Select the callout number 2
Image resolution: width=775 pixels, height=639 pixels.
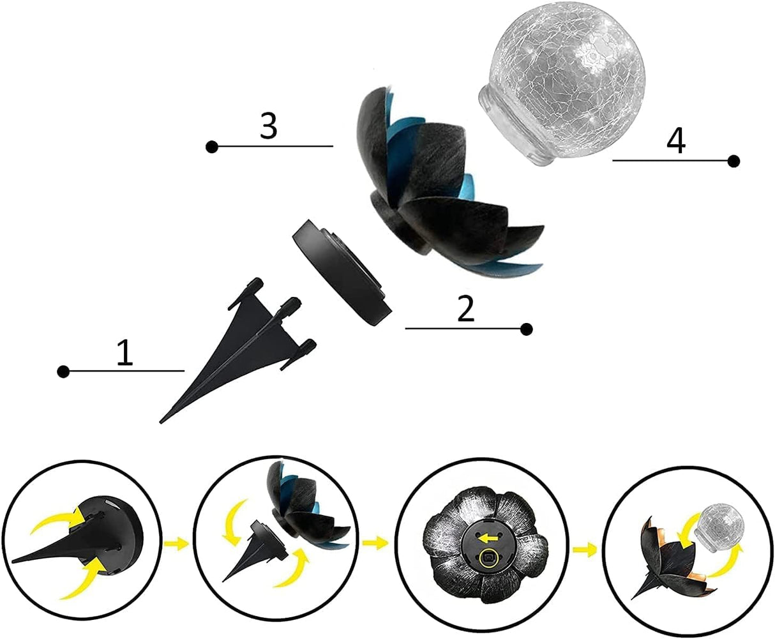[x=465, y=310]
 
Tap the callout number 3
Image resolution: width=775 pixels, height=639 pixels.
[x=269, y=126]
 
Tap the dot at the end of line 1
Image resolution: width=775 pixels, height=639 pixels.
[x=63, y=372]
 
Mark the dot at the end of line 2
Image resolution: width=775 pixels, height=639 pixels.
[x=527, y=329]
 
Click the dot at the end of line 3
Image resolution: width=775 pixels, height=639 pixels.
[x=211, y=147]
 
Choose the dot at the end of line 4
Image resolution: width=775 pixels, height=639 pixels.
[x=734, y=160]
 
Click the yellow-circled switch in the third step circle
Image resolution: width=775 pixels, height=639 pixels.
[x=490, y=557]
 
